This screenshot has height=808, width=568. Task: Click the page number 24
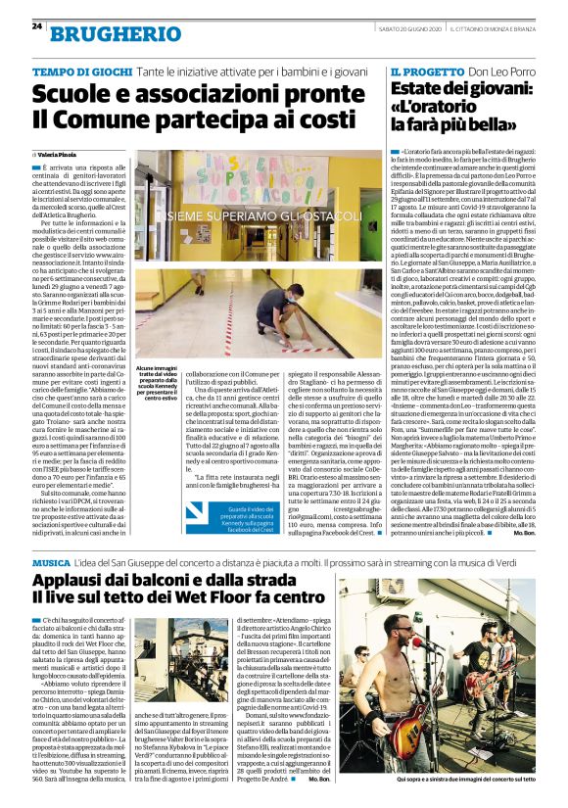coord(36,26)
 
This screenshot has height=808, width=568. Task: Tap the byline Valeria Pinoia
coord(59,155)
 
